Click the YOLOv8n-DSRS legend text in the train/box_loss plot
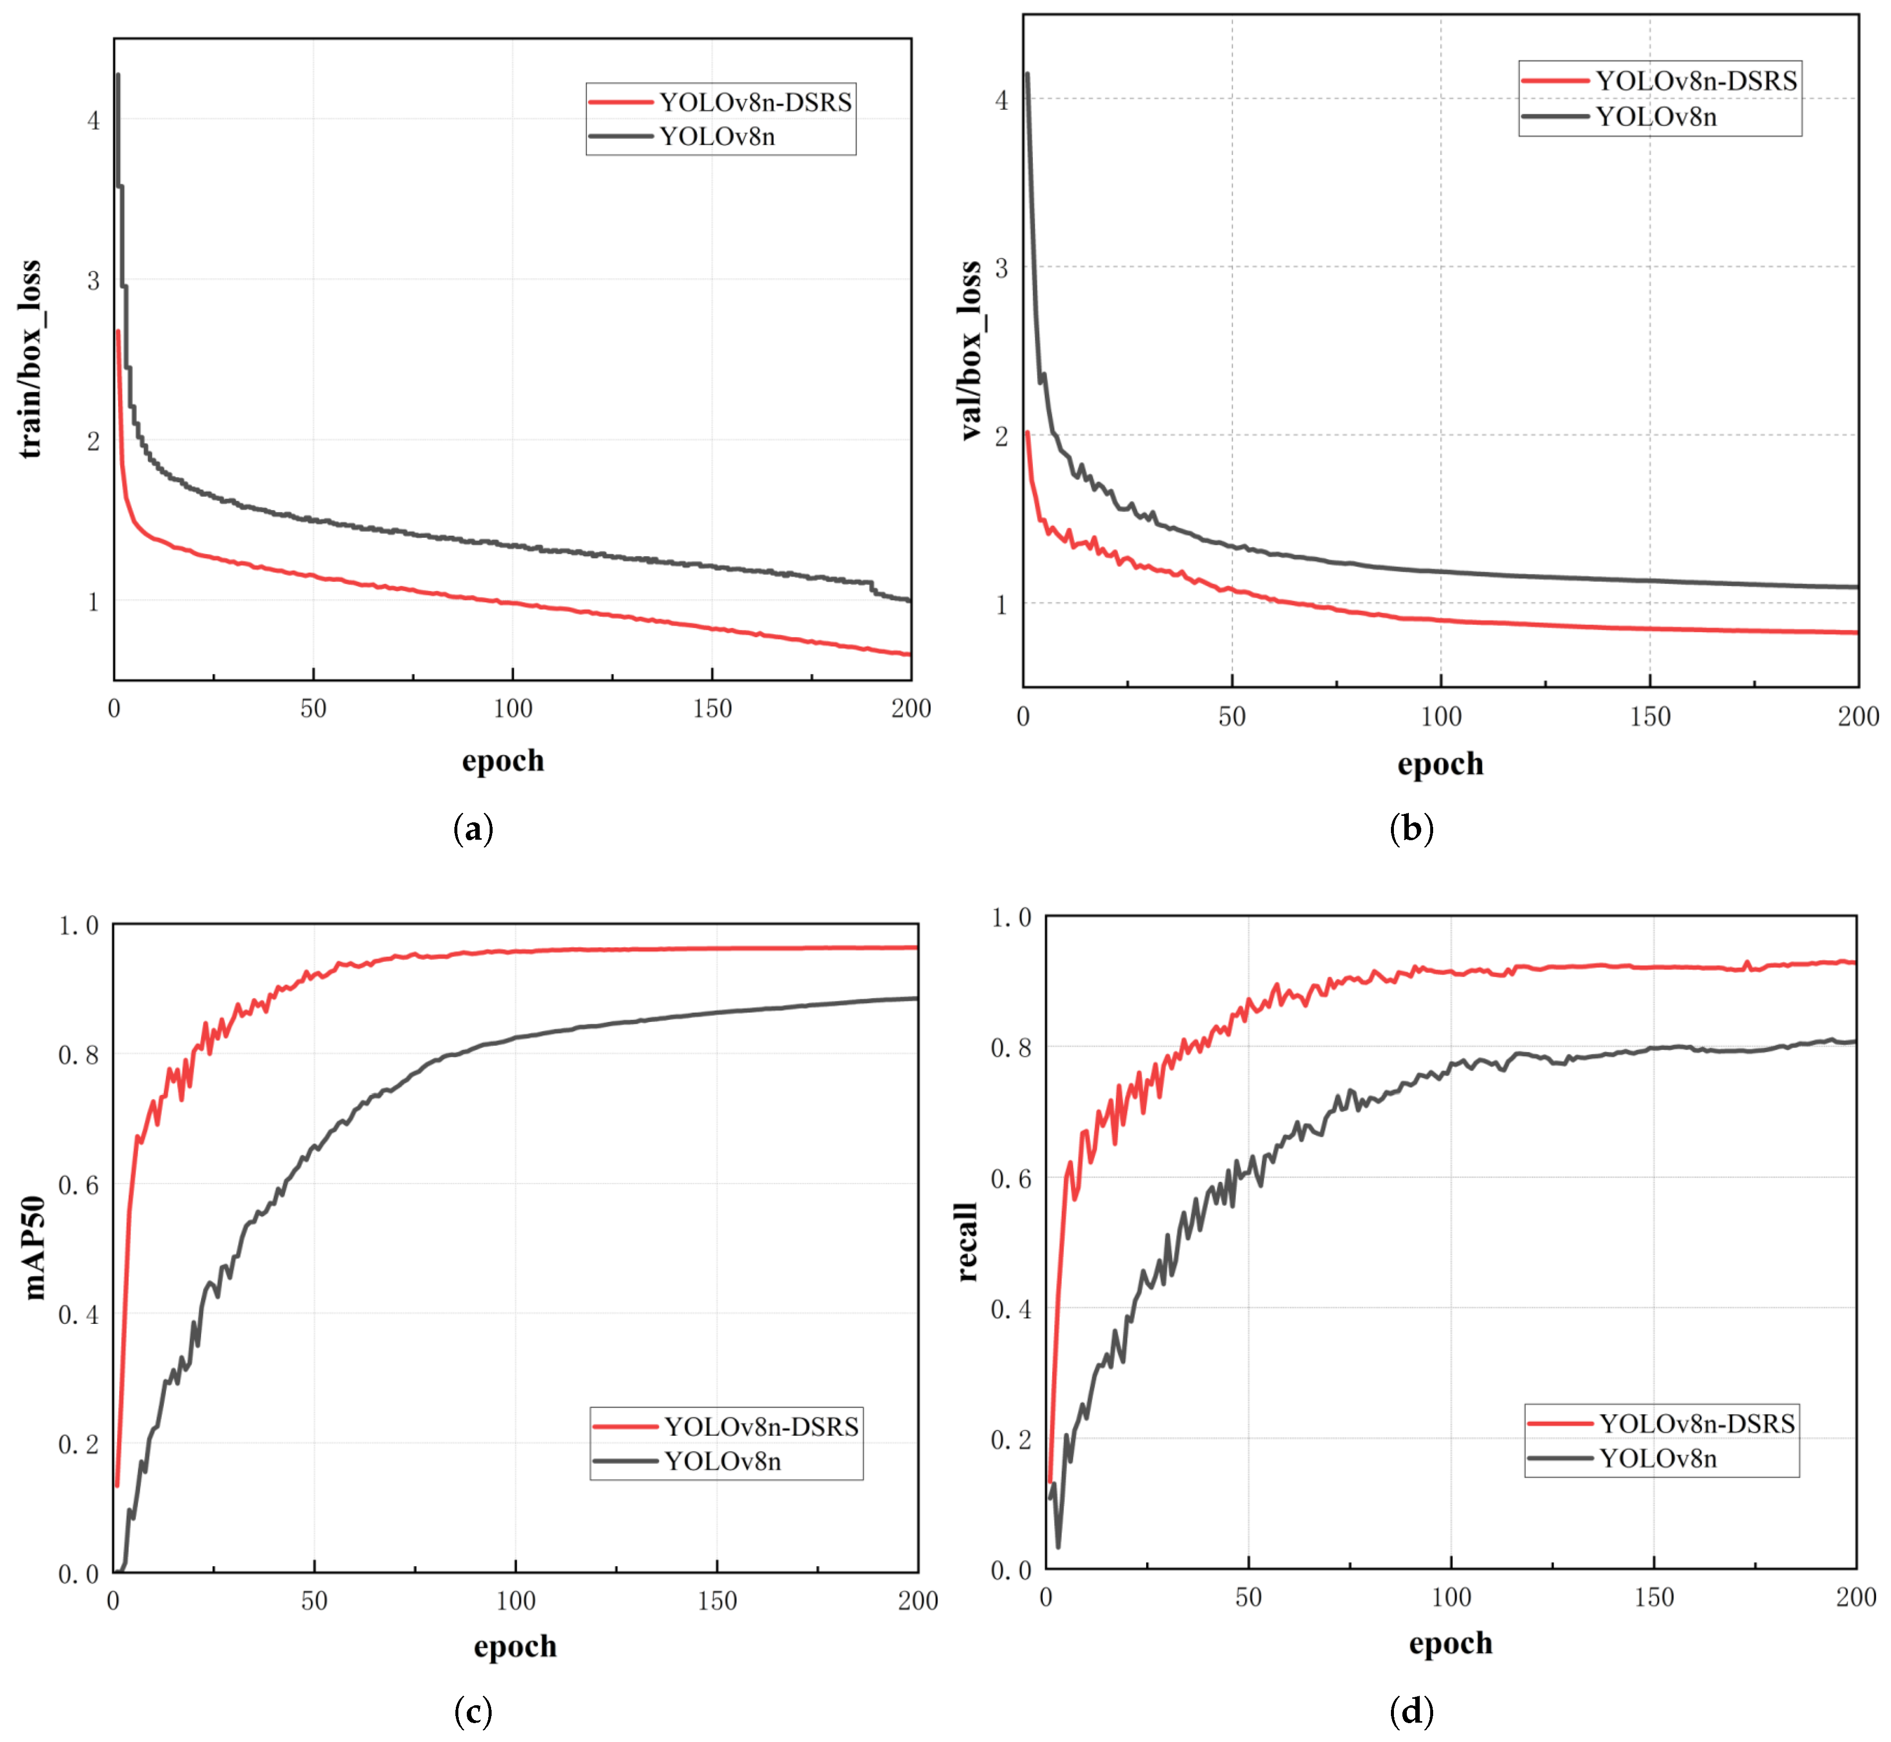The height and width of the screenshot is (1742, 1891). pos(755,102)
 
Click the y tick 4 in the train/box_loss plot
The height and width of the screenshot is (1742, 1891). pos(93,121)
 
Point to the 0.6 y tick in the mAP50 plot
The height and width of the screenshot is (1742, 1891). pos(78,1185)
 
